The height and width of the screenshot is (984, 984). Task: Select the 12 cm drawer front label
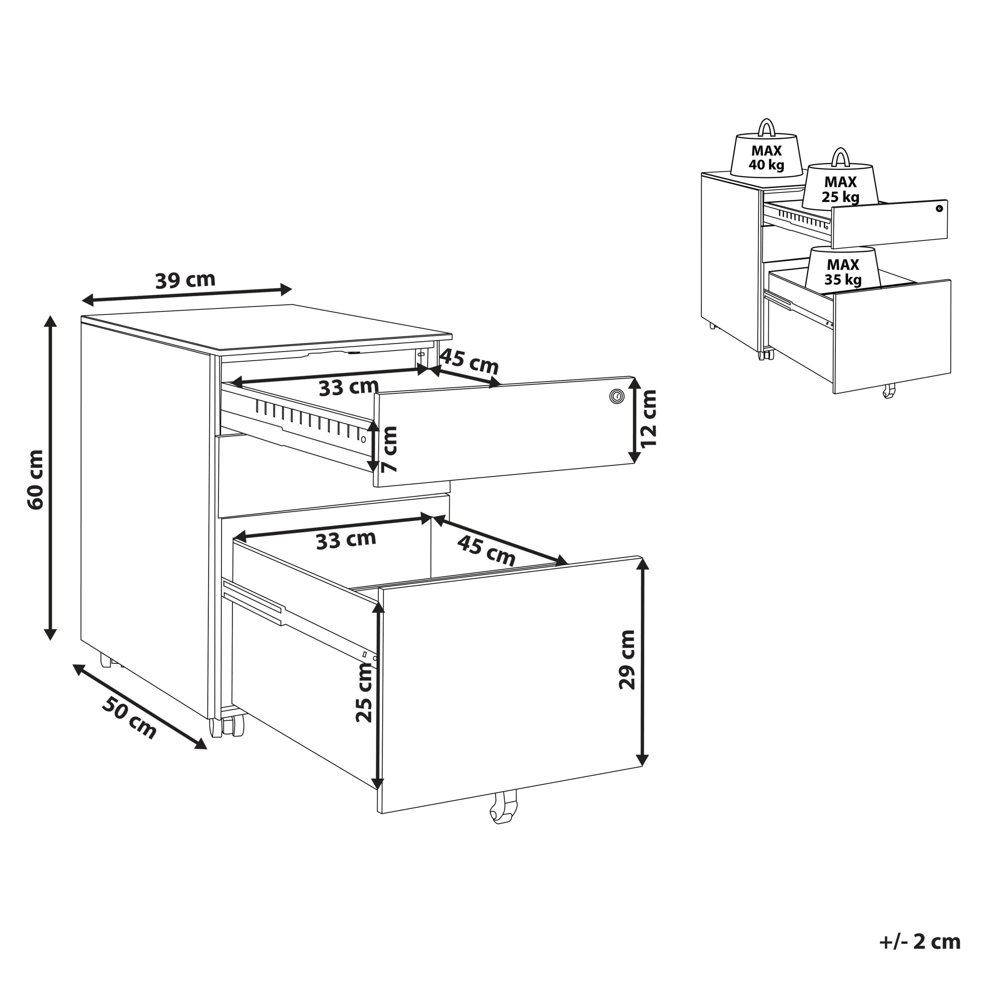click(x=649, y=418)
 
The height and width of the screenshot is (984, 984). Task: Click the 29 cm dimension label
click(x=627, y=660)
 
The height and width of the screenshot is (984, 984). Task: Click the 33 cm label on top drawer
click(x=349, y=387)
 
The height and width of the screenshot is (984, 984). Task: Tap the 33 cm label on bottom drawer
click(x=346, y=540)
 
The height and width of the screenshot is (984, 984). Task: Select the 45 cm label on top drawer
click(x=469, y=362)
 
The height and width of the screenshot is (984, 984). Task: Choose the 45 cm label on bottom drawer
click(x=486, y=550)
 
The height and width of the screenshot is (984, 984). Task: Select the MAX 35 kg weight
click(x=843, y=270)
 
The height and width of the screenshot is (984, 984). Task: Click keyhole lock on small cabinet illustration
click(x=939, y=208)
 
